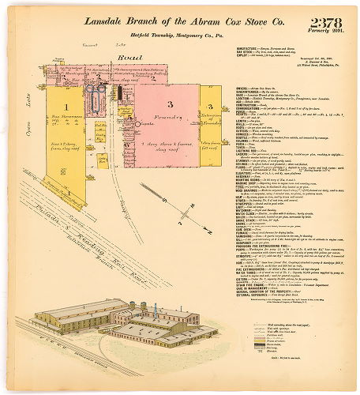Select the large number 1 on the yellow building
(x=67, y=106)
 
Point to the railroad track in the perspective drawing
(x=63, y=348)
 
